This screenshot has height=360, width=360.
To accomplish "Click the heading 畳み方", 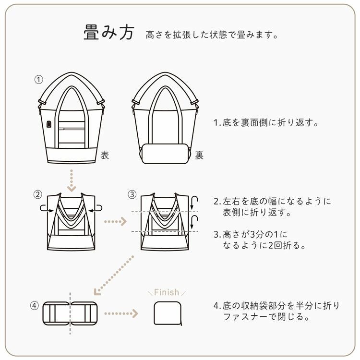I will click(108, 34).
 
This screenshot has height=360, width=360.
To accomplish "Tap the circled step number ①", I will click(39, 79).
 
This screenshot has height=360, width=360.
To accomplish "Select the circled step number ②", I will click(38, 194).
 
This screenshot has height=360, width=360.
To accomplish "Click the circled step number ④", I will click(34, 305).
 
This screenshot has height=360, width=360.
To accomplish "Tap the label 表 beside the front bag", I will click(105, 155).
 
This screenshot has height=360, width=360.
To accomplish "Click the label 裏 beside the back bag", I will click(199, 155).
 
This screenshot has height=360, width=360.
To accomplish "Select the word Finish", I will click(167, 292).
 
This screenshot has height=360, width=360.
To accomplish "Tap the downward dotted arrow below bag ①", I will click(71, 179).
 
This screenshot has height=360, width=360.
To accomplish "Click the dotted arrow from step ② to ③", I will click(115, 222).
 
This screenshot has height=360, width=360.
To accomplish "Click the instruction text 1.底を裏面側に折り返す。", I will click(266, 122).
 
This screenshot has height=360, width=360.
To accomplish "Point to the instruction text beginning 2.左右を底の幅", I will click(273, 206).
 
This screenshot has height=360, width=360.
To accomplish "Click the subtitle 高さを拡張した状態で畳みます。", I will click(212, 35).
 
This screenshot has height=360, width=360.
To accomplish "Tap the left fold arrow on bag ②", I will click(45, 208).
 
